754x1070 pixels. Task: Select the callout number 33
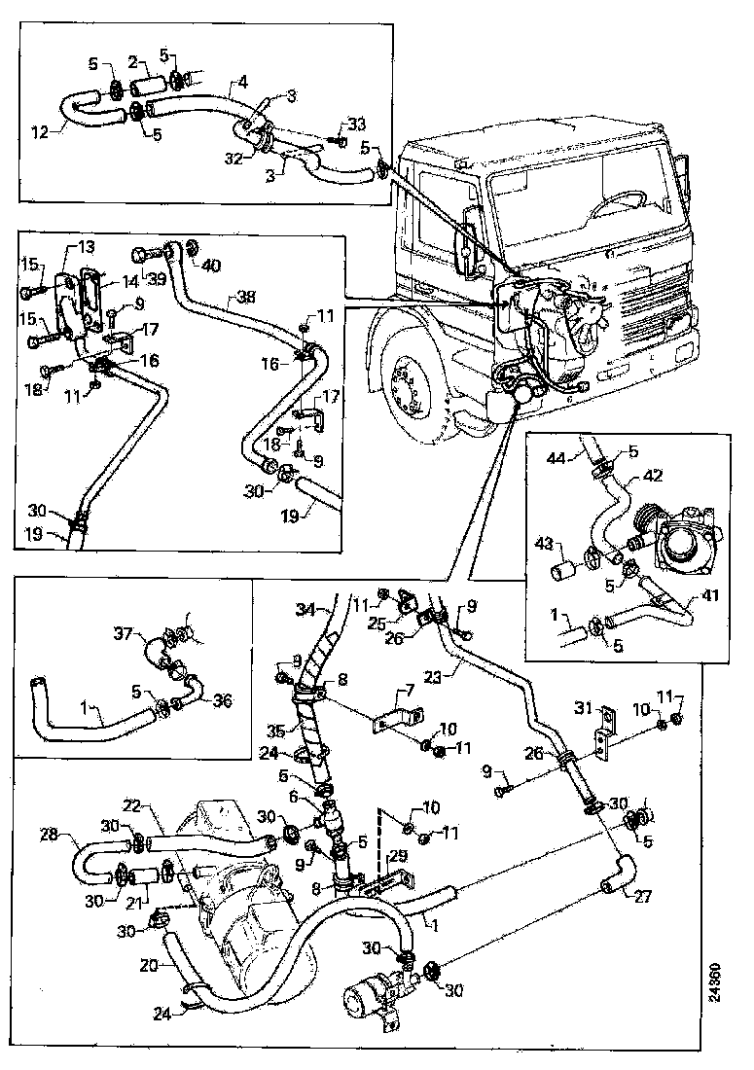click(357, 124)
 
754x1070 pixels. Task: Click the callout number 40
click(211, 265)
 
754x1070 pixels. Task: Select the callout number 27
click(642, 898)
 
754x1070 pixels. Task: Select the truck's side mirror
click(468, 239)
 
